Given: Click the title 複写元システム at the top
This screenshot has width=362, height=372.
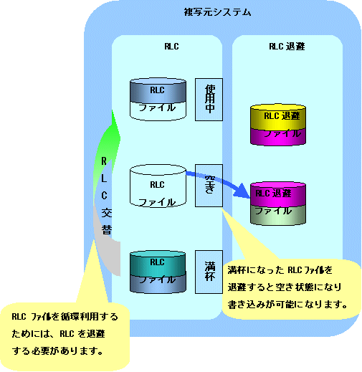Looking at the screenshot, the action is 217,12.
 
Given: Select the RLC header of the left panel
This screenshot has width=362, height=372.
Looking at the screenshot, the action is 171,47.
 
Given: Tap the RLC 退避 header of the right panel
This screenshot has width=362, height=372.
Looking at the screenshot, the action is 287,47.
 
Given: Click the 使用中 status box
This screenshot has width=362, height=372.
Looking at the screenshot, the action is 209,100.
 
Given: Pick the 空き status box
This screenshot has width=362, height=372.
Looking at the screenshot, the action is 209,186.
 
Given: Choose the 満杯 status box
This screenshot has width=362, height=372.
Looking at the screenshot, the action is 209,272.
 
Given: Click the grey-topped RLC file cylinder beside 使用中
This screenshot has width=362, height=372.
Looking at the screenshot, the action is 158,99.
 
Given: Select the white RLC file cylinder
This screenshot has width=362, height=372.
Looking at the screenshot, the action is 158,186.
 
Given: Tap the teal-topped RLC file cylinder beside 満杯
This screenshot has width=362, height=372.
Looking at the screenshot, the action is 158,272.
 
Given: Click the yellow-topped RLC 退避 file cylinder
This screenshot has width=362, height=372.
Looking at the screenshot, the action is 278,125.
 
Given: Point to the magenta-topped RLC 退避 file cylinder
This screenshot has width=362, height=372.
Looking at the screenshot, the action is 278,204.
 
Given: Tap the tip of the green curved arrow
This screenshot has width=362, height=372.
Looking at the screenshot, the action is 113,110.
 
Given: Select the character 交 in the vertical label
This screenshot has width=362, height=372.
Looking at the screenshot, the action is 107,213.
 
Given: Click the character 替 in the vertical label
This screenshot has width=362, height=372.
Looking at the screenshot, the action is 107,230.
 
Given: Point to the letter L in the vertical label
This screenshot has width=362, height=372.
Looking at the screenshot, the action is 104,178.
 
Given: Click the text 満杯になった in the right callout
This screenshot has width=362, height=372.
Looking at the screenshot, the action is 256,270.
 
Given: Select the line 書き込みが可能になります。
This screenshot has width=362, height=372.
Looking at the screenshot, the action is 287,305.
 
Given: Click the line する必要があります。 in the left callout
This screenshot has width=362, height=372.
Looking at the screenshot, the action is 57,351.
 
